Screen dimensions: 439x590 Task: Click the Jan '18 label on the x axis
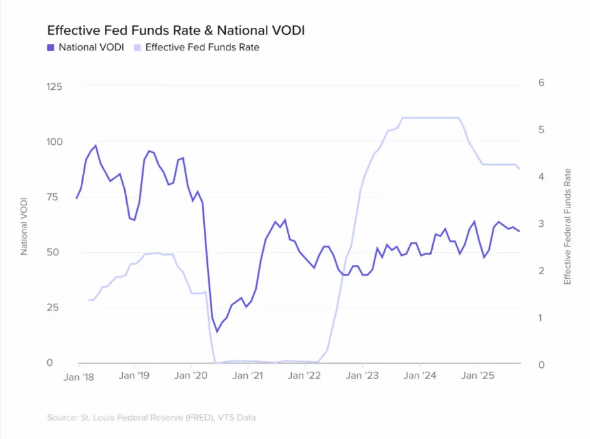pos(80,376)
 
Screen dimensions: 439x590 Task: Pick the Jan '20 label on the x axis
pos(192,376)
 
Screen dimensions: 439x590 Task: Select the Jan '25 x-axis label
pos(477,376)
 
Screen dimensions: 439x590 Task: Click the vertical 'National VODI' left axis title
pos(25,224)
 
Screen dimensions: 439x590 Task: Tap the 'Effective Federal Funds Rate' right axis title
pos(567,226)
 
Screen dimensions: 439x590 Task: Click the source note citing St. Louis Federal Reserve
pos(151,418)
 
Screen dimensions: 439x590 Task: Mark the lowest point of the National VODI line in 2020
pos(217,332)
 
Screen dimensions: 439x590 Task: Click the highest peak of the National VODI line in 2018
pos(96,145)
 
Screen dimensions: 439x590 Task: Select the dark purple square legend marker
pos(50,47)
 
